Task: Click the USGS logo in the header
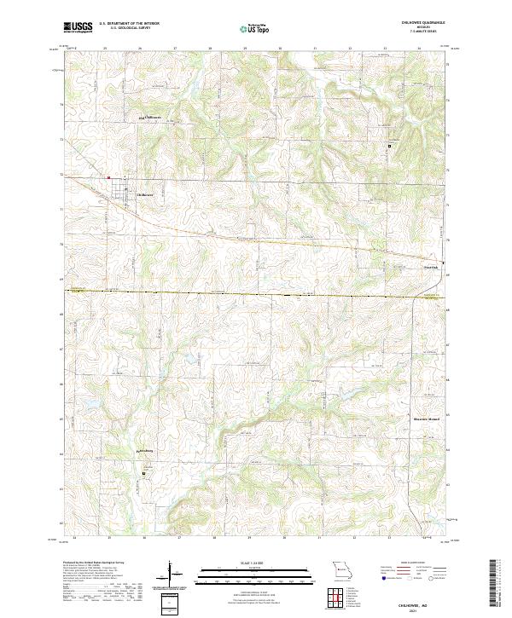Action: click(78, 27)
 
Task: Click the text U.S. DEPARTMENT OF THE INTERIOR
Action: click(129, 23)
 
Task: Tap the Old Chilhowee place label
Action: click(150, 117)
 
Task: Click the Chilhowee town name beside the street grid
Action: click(147, 194)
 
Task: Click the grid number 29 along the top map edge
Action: click(245, 49)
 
